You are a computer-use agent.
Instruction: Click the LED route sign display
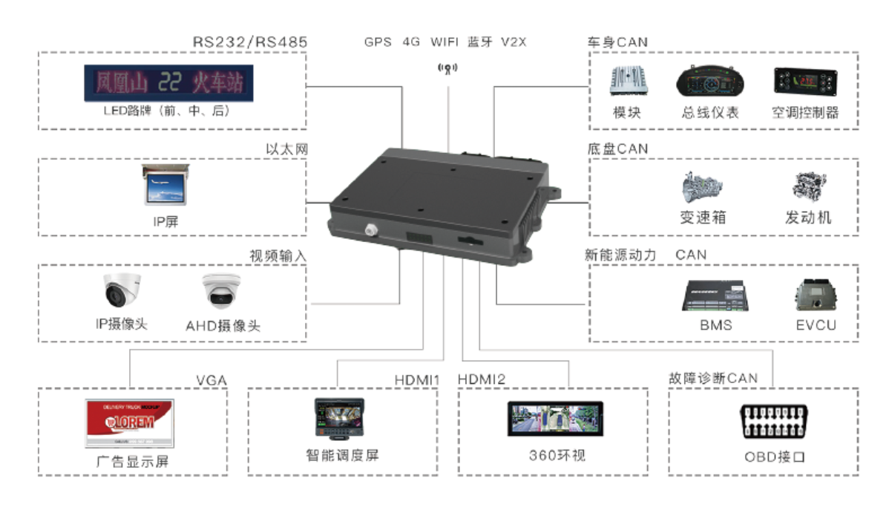168,82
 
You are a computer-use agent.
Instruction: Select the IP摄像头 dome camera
122,292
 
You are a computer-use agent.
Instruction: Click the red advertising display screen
129,423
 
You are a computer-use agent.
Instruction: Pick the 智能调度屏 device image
342,420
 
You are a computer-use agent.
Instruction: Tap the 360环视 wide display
555,420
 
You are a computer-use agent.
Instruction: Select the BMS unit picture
715,296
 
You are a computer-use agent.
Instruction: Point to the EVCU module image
815,296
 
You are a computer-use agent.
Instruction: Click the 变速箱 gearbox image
702,188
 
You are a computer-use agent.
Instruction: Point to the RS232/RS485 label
249,42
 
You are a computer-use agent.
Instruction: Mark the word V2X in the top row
513,42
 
